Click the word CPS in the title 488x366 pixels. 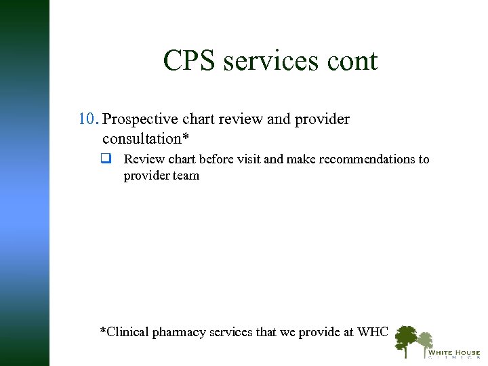[x=190, y=61]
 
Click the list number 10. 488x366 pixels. [x=89, y=119]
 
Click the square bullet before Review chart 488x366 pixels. [x=106, y=159]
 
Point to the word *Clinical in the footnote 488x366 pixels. [x=124, y=332]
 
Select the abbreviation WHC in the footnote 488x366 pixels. [x=373, y=332]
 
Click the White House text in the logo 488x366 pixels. [x=453, y=352]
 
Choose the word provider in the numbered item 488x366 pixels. [x=322, y=120]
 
